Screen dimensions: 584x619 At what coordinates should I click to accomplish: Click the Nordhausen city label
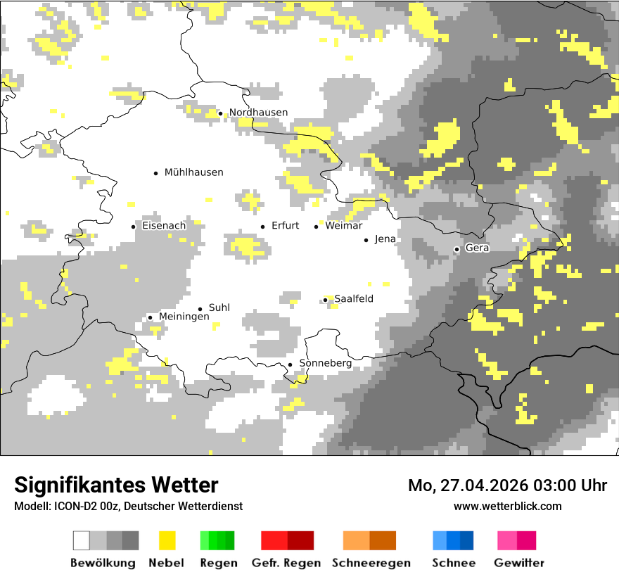[x=258, y=113]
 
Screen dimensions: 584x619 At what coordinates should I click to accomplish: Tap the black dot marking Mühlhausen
[x=155, y=172]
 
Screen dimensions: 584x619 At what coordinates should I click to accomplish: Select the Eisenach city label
[x=164, y=226]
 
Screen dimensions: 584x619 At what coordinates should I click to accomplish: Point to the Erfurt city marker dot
[x=262, y=227]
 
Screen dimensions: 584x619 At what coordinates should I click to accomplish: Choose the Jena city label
[x=385, y=239]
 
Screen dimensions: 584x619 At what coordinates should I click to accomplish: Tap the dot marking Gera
[x=457, y=249]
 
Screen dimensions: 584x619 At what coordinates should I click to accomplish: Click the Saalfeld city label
[x=353, y=299]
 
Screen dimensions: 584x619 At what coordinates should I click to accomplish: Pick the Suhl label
[x=219, y=307]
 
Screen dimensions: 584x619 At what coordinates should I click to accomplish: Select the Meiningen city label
[x=184, y=317]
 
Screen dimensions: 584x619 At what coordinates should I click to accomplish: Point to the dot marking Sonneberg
[x=290, y=364]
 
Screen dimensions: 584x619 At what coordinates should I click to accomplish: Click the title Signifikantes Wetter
[x=116, y=485]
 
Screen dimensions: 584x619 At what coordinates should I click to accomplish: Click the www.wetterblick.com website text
[x=507, y=506]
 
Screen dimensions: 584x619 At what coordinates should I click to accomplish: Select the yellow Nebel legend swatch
[x=167, y=540]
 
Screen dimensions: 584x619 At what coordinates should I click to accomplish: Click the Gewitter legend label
[x=519, y=563]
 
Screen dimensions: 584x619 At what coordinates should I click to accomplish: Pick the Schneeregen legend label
[x=371, y=563]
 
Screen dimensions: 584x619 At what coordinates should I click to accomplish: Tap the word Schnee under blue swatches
[x=453, y=563]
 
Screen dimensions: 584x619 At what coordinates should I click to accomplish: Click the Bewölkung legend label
[x=103, y=563]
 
